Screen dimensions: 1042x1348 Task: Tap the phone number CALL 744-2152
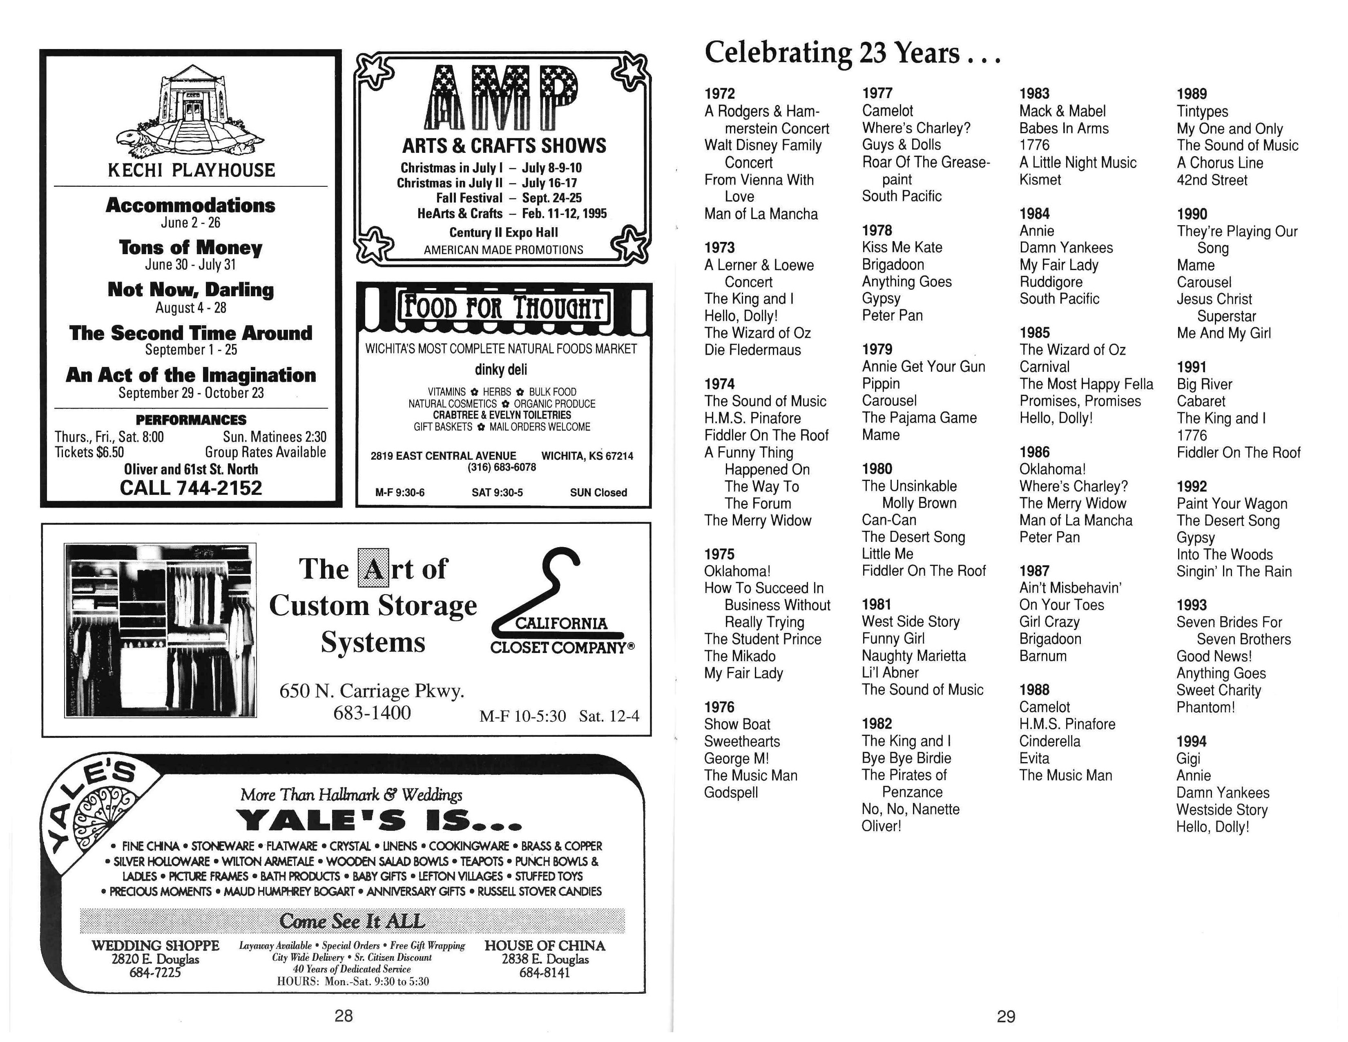(191, 488)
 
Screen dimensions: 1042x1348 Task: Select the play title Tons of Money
(191, 248)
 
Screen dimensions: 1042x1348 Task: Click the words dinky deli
(500, 370)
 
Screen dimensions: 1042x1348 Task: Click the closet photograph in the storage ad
(161, 630)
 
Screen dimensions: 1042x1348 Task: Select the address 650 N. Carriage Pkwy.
(372, 691)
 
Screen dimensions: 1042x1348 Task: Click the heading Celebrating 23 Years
(852, 52)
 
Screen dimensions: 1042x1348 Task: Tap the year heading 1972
(720, 94)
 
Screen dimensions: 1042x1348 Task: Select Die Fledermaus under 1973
(752, 350)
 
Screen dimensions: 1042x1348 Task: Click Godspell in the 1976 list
(731, 793)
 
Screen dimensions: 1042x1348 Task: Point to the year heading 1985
(1034, 333)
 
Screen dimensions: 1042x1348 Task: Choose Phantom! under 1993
(1205, 707)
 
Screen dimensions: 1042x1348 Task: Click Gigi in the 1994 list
(1188, 759)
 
